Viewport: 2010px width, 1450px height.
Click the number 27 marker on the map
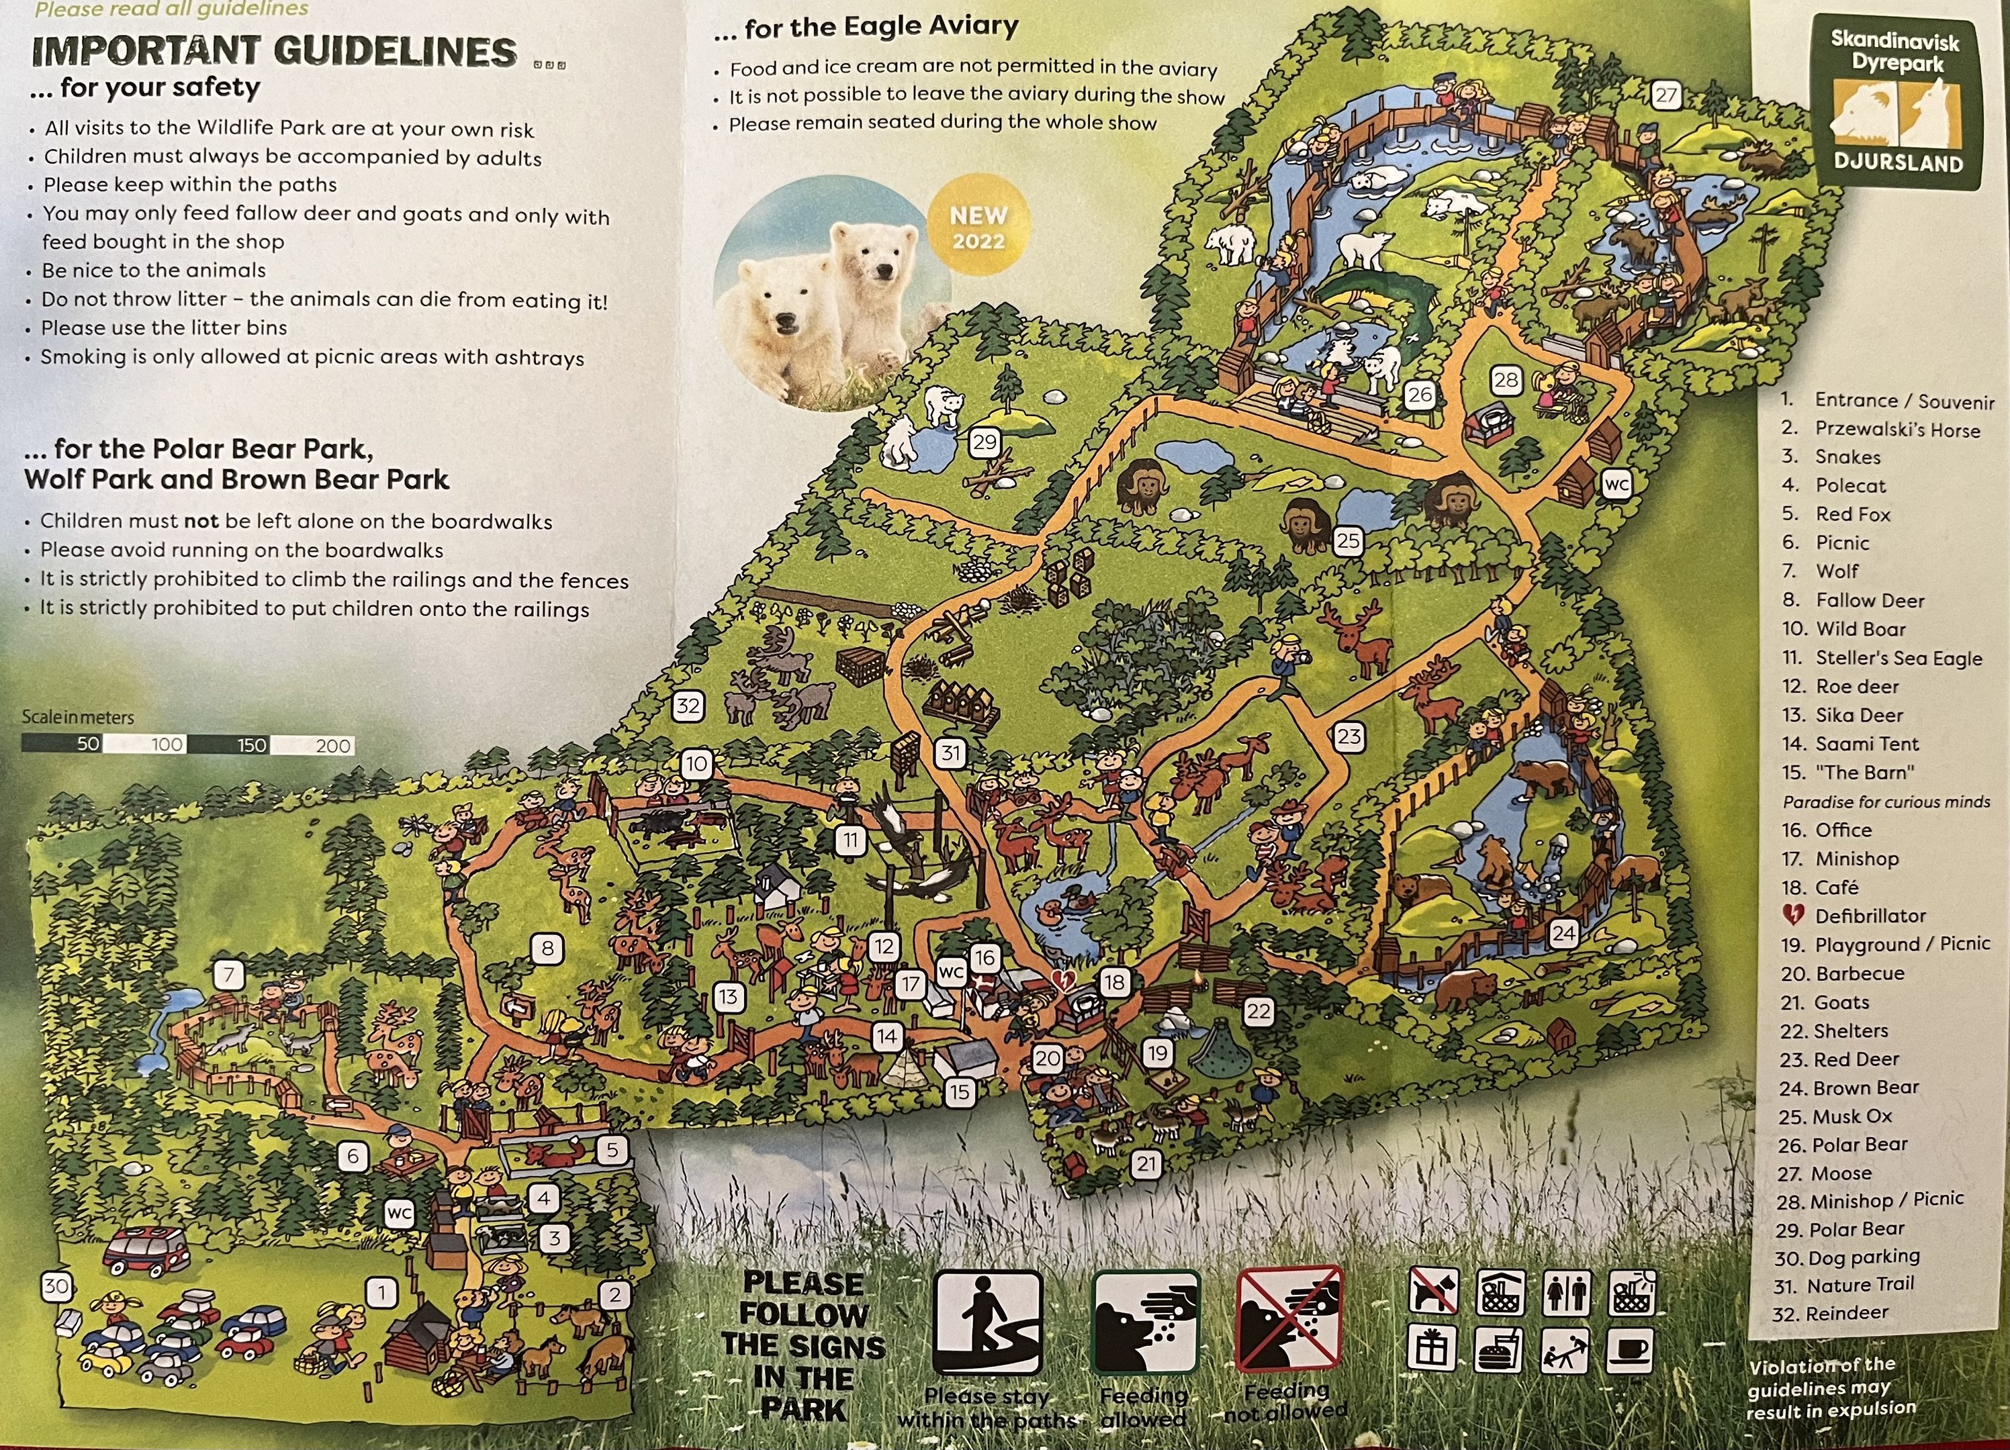click(x=1666, y=95)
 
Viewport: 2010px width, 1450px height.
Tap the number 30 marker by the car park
click(x=56, y=1286)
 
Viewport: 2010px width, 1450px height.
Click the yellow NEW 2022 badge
click(x=978, y=228)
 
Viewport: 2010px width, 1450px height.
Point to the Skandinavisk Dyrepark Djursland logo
click(x=1897, y=103)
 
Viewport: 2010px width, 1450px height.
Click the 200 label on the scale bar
click(x=332, y=746)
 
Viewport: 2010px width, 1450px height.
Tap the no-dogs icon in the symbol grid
click(x=1432, y=1292)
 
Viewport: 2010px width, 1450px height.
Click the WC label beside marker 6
click(x=399, y=1212)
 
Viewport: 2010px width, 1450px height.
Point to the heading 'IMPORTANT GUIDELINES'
click(x=275, y=52)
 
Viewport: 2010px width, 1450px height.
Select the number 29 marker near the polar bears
click(x=985, y=442)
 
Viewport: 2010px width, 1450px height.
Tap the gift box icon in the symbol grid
click(x=1431, y=1351)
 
